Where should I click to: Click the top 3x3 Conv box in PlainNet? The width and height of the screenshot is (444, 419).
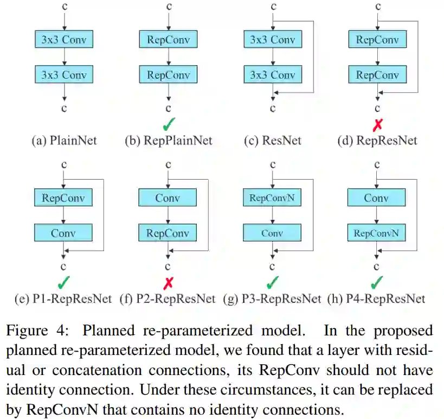[64, 40]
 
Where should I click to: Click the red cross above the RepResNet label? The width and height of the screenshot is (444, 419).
[377, 125]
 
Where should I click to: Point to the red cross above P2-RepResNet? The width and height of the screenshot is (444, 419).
[168, 282]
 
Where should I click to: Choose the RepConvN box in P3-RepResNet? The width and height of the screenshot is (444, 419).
[272, 198]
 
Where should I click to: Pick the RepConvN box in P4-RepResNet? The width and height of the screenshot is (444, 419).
[376, 233]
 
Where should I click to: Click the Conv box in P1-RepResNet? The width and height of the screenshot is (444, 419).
[64, 233]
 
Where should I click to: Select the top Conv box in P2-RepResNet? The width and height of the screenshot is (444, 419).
[168, 198]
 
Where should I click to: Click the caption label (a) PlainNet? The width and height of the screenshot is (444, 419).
[64, 141]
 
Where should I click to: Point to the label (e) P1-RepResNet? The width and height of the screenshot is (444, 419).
[64, 299]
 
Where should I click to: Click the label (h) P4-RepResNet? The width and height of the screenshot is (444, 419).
[376, 299]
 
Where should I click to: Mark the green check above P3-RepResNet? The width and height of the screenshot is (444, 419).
[273, 282]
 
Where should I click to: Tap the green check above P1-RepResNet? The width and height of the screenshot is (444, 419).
[64, 282]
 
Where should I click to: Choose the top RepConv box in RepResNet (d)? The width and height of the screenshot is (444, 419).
[376, 40]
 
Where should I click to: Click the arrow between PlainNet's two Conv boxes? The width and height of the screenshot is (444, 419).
[64, 56]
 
